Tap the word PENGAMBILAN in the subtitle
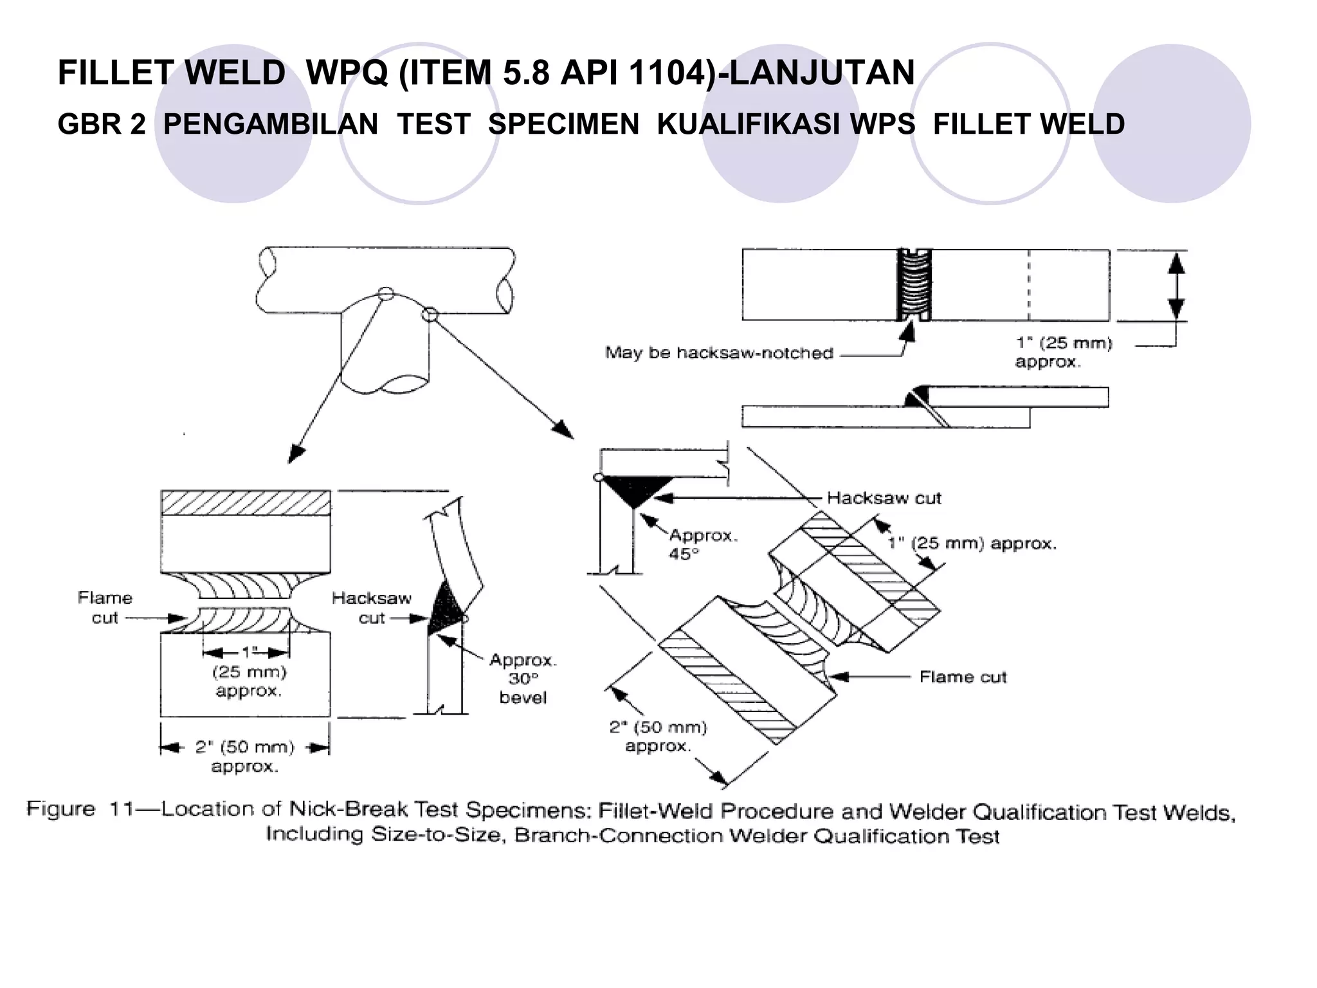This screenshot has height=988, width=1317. pyautogui.click(x=271, y=124)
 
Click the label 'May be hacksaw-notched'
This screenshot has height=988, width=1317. pyautogui.click(x=719, y=353)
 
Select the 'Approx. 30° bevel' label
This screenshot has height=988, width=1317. pyautogui.click(x=522, y=679)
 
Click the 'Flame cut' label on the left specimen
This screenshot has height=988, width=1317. pyautogui.click(x=104, y=608)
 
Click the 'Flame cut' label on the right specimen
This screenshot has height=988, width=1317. pyautogui.click(x=962, y=677)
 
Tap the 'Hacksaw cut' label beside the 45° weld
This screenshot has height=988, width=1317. pyautogui.click(x=884, y=498)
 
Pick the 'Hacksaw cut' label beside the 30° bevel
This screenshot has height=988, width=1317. pyautogui.click(x=371, y=608)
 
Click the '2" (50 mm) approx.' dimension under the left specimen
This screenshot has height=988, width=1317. pyautogui.click(x=244, y=756)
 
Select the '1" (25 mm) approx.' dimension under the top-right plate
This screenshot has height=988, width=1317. pyautogui.click(x=1063, y=352)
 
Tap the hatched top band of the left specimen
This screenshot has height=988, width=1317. pyautogui.click(x=245, y=502)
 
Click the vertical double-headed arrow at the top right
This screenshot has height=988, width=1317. pyautogui.click(x=1176, y=285)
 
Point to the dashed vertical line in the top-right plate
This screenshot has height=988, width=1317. pyautogui.click(x=1028, y=285)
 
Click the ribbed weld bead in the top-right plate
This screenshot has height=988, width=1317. pyautogui.click(x=914, y=285)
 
